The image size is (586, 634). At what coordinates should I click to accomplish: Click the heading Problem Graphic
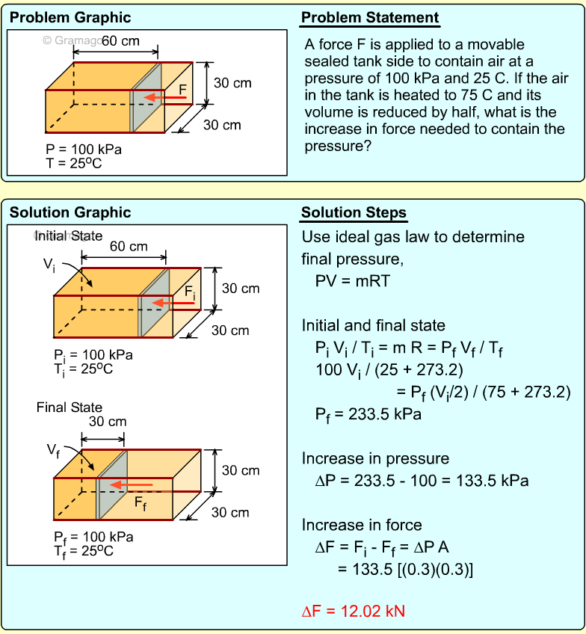point(70,18)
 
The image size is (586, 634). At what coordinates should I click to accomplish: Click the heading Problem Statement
point(370,18)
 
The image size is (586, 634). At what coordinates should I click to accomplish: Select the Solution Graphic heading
point(70,213)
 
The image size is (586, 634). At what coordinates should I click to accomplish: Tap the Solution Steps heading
point(354,213)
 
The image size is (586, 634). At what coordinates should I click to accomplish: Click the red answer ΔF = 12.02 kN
point(353,611)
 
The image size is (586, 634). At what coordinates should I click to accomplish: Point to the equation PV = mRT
point(353,280)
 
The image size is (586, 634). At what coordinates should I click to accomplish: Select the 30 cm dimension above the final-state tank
point(108,422)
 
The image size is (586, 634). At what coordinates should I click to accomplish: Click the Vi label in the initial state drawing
point(49,265)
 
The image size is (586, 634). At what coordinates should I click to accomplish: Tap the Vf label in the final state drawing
point(53,450)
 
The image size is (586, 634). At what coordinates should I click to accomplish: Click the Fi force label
point(190,292)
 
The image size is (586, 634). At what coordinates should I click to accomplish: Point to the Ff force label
point(141,502)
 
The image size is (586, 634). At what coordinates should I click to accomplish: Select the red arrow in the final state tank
point(132,484)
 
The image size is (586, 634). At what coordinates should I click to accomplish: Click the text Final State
point(70,407)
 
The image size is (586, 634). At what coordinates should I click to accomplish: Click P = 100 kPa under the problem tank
point(84,150)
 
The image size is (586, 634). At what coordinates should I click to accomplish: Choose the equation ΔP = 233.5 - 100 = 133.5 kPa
point(422,481)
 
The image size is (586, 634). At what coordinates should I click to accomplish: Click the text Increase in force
point(362,525)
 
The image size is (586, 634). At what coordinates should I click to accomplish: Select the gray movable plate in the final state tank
point(111,486)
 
